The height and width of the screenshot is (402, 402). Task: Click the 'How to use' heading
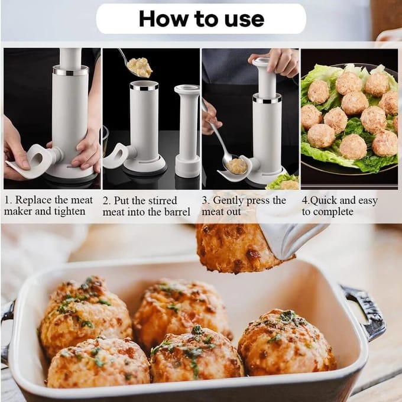tap(201, 19)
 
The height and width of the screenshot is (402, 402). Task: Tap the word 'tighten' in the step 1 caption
tap(70, 211)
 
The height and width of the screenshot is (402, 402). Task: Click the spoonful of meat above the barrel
tap(140, 67)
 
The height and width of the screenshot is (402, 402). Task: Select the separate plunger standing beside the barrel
tap(187, 131)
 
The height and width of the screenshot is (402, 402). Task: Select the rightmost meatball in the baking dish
tap(286, 342)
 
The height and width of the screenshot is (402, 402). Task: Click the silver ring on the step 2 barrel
tap(144, 87)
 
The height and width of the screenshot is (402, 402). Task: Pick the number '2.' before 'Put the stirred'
tap(107, 201)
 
